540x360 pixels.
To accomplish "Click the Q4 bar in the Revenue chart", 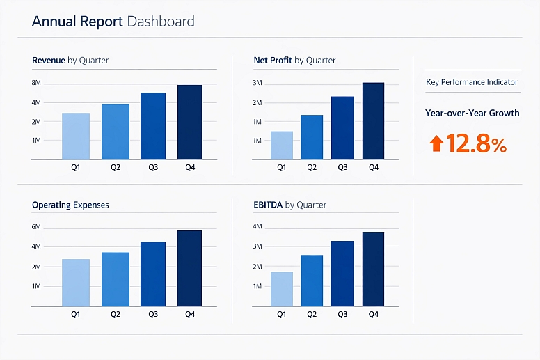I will click(189, 123).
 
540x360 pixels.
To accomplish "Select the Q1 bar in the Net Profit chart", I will click(281, 145).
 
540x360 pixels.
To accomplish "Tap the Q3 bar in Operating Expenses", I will click(153, 274).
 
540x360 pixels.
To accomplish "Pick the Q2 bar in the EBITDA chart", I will click(312, 280).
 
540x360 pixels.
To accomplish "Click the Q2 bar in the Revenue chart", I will click(116, 132).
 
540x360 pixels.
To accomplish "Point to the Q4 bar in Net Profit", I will click(373, 121).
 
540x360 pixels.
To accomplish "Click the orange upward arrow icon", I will click(436, 144).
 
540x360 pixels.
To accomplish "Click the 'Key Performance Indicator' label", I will click(472, 82).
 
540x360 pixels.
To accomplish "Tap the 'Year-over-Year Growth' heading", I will click(472, 113).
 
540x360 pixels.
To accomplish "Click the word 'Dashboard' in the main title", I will click(161, 22).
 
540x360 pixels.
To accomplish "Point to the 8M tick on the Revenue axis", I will click(37, 84).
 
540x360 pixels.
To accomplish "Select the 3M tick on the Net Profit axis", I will click(257, 84).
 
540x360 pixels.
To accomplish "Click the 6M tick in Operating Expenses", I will click(37, 227).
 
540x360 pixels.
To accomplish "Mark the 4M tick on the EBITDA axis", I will click(257, 227).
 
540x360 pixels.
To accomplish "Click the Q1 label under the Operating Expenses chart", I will click(76, 314).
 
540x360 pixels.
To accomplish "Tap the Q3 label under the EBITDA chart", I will click(342, 314).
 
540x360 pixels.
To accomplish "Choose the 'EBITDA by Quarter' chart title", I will click(290, 205).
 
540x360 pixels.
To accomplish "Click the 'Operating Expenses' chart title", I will click(70, 205).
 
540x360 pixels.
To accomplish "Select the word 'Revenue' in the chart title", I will click(49, 61).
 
